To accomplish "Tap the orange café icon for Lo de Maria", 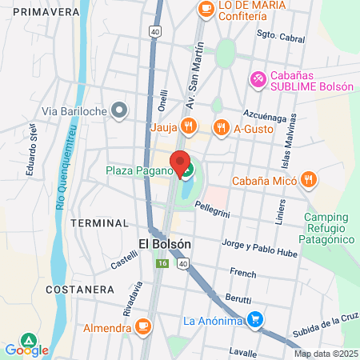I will (206, 9).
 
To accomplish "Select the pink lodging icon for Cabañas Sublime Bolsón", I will (258, 78).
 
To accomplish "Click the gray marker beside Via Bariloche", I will (119, 110).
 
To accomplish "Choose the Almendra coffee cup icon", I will (143, 327).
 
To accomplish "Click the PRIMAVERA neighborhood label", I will (42, 11).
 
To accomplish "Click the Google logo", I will (26, 350).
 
